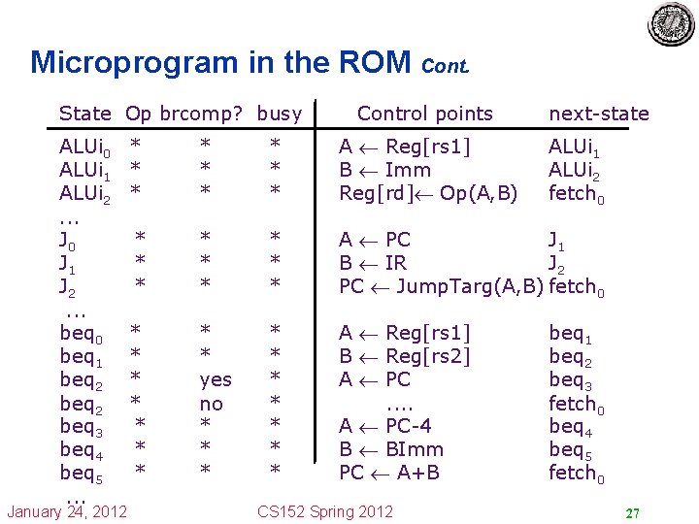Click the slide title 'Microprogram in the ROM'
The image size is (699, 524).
point(221,63)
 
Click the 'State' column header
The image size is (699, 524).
point(84,114)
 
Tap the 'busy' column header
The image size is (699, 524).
point(280,114)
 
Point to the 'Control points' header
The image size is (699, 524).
point(425,114)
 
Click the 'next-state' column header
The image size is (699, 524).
point(598,114)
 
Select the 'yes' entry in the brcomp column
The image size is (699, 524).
point(211,379)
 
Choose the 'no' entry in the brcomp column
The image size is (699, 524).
point(211,403)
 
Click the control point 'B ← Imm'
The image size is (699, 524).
point(384,170)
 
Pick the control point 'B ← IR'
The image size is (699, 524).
point(373,263)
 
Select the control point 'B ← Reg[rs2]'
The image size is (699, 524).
point(404,356)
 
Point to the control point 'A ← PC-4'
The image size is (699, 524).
point(384,426)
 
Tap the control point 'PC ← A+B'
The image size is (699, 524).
point(388,473)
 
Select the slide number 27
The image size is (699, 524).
point(631,512)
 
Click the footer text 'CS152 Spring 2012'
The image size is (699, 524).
point(325,511)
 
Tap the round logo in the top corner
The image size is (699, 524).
point(671,25)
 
